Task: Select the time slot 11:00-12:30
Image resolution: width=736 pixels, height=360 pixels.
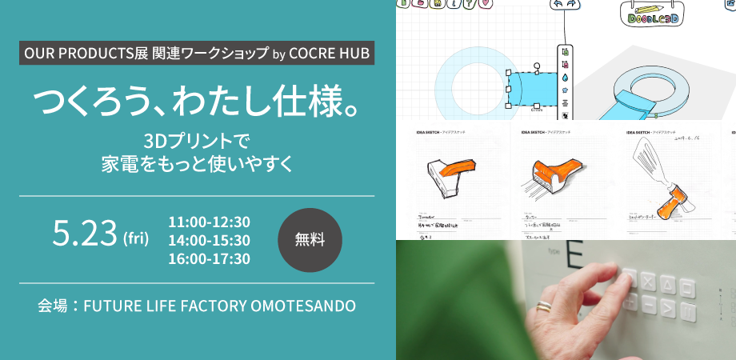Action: tap(210, 222)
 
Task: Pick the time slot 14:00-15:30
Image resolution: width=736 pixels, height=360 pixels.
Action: tap(210, 240)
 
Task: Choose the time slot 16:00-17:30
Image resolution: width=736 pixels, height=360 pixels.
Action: tap(210, 258)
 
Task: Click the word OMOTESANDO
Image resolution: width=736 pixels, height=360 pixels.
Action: tap(306, 306)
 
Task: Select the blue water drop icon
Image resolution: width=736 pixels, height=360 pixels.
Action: tap(565, 78)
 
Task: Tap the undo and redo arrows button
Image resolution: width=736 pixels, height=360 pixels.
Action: tap(565, 5)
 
